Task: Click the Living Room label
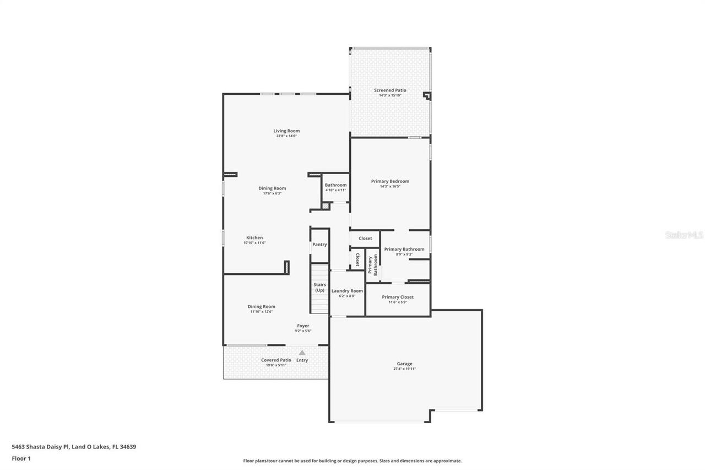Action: pos(286,131)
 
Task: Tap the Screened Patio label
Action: pos(390,90)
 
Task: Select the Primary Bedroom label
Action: pos(390,181)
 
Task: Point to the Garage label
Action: pos(404,364)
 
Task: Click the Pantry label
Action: pos(319,245)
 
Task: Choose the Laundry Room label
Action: pos(347,291)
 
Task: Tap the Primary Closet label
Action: pos(398,297)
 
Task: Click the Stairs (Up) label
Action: pos(320,287)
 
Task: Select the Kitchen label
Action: pos(254,238)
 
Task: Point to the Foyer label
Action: pos(303,326)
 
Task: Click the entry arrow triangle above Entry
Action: pos(302,353)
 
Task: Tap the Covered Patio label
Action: pos(276,360)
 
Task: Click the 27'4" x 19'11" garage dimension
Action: pos(404,369)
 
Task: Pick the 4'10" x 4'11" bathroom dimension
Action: pos(335,190)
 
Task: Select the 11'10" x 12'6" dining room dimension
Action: pos(261,312)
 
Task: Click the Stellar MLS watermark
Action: pos(684,235)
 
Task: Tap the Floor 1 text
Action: pos(21,458)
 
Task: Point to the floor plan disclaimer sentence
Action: pos(352,461)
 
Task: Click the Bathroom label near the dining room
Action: pos(335,185)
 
